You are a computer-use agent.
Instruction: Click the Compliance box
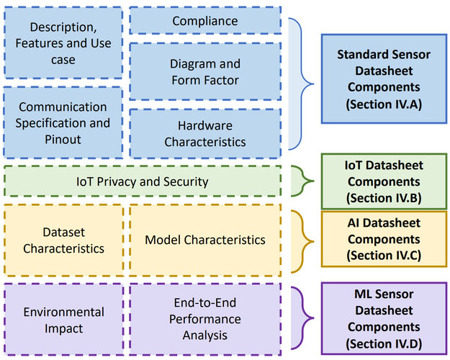coord(205,21)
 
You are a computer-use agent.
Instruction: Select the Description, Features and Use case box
coord(63,44)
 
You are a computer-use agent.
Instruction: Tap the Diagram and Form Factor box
coord(205,71)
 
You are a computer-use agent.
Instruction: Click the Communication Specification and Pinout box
coord(63,122)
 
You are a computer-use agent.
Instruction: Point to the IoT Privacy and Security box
coord(143,181)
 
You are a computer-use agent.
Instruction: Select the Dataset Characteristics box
coord(63,240)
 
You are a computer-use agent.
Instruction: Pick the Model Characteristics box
coord(205,240)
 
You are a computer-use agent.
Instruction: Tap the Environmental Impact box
coord(63,320)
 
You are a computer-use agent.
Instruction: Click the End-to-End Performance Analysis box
coord(205,320)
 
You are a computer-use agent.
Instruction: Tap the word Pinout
coord(63,139)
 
